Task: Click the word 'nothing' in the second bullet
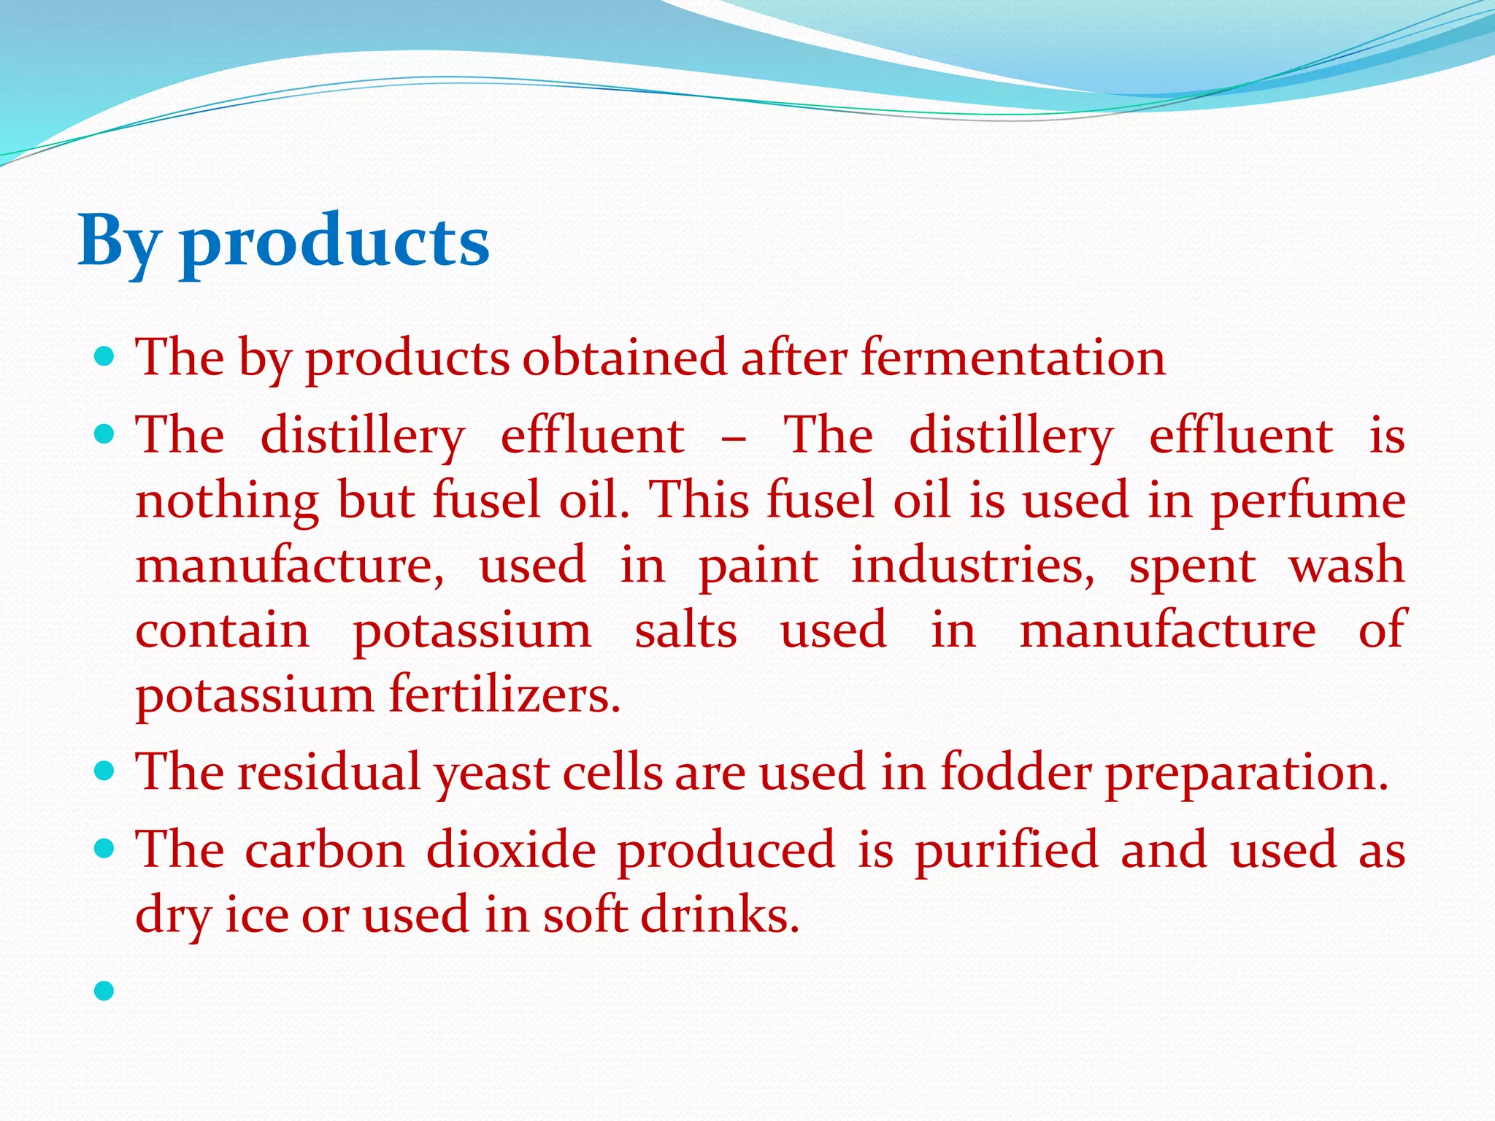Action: (x=227, y=502)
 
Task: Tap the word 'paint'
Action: (x=758, y=566)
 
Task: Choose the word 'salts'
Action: (x=685, y=631)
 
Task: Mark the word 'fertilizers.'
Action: (x=505, y=694)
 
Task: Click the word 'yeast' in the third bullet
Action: (x=492, y=773)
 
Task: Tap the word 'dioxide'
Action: (x=511, y=850)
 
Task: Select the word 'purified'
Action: (x=1007, y=850)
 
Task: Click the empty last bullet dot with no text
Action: (x=105, y=990)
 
